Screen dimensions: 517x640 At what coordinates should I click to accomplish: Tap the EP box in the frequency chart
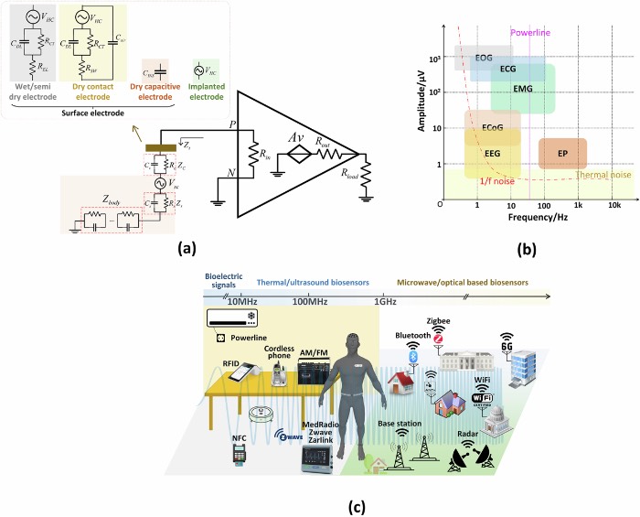(562, 155)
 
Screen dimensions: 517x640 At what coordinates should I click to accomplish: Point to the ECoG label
(491, 126)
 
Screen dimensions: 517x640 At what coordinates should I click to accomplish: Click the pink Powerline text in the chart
(529, 33)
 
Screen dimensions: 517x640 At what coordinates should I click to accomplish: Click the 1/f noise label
(495, 182)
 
